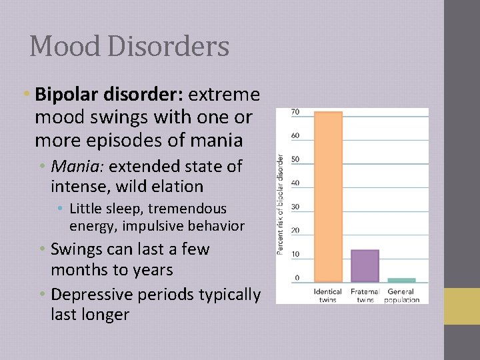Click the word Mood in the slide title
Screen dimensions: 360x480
click(60, 47)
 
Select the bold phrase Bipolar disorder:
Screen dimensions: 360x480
click(109, 95)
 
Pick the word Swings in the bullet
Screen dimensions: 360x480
click(73, 249)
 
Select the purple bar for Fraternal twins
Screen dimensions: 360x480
click(365, 265)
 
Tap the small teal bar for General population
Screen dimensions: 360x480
click(401, 280)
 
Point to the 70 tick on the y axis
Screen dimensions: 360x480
click(295, 112)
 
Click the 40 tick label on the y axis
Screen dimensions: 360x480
click(295, 183)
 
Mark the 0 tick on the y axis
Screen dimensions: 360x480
click(297, 278)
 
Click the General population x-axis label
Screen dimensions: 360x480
click(401, 295)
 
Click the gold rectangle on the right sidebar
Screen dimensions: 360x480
click(462, 306)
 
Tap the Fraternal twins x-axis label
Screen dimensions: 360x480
click(365, 295)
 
